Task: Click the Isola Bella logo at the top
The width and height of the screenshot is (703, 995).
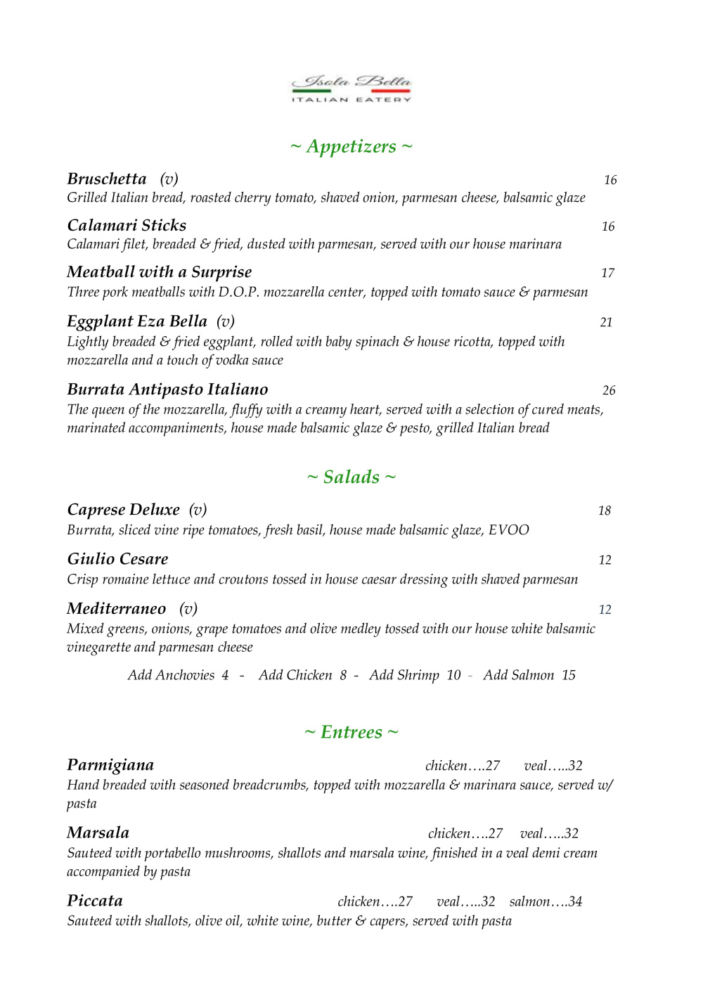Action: (351, 89)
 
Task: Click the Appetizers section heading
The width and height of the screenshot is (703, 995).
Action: (351, 146)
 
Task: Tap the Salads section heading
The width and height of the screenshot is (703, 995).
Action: (351, 477)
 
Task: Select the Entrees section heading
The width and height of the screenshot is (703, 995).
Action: (351, 732)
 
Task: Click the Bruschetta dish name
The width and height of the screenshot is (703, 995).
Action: (107, 179)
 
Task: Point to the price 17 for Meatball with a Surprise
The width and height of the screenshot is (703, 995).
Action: (608, 273)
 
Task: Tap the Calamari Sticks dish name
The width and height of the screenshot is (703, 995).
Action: (127, 225)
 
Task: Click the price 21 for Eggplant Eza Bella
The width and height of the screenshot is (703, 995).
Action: (607, 322)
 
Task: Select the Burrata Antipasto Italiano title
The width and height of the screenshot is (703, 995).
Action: (167, 389)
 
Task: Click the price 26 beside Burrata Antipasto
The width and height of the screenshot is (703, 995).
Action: (609, 390)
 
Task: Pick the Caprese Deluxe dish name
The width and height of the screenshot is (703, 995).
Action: (123, 509)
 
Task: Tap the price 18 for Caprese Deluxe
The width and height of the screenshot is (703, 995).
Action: (605, 511)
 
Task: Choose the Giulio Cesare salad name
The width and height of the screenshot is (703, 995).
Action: (117, 559)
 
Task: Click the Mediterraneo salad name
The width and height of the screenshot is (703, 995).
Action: (116, 608)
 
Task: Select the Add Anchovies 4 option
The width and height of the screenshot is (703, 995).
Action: (178, 675)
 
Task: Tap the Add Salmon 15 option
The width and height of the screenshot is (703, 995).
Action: (529, 675)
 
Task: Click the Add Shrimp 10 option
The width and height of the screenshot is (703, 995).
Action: (415, 675)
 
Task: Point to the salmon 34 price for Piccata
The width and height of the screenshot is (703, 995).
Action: (546, 901)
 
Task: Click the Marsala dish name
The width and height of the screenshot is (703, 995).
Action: (98, 833)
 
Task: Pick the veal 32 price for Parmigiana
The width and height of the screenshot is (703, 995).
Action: (553, 766)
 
